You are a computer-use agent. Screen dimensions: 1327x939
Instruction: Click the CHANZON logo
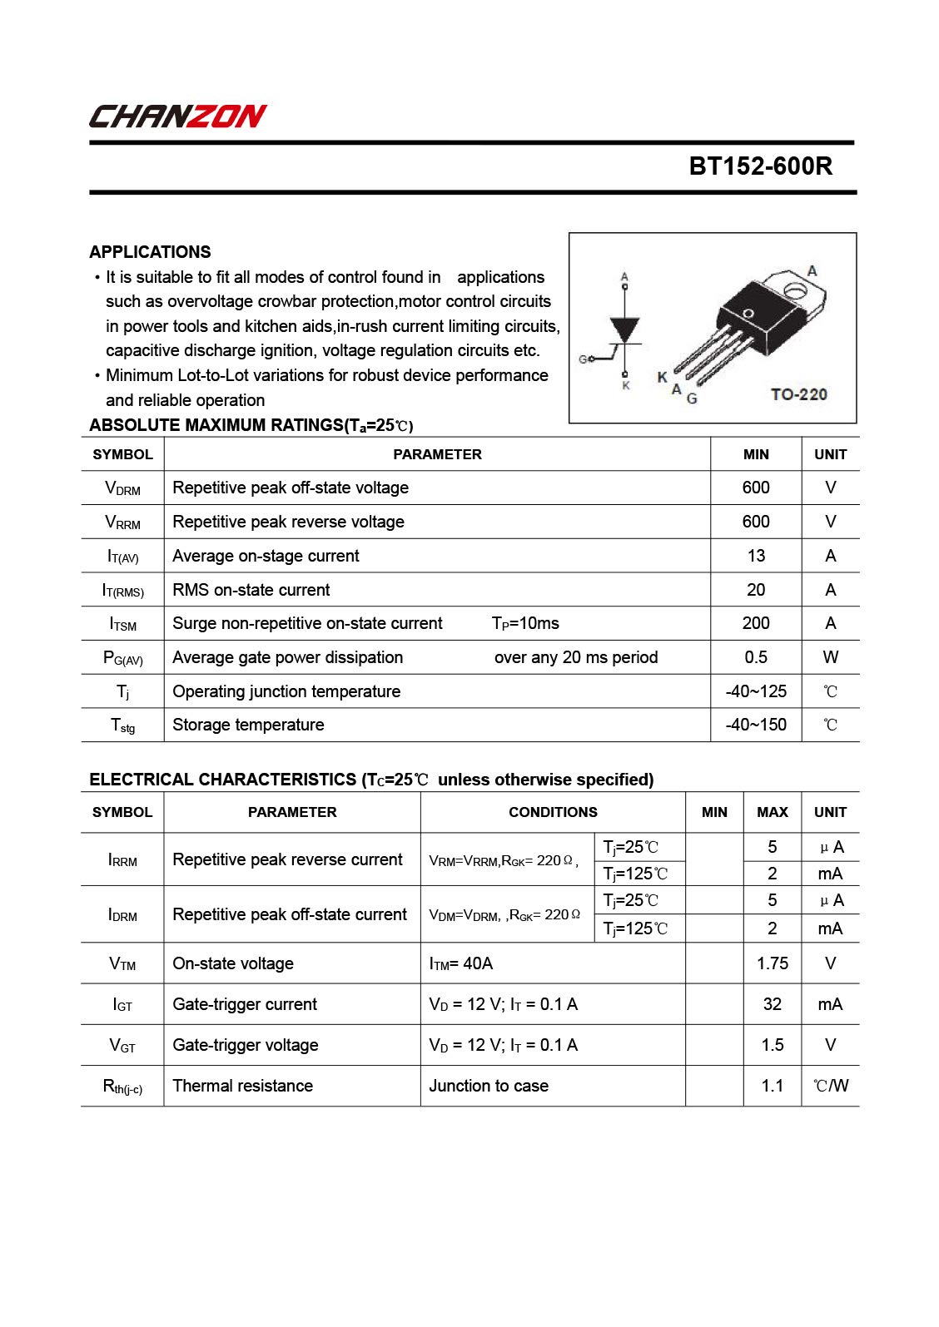click(x=177, y=116)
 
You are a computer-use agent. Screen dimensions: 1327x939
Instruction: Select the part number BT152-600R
click(x=760, y=166)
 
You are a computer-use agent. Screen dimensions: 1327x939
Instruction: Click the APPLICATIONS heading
click(x=150, y=252)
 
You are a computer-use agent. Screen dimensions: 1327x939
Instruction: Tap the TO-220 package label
click(x=798, y=394)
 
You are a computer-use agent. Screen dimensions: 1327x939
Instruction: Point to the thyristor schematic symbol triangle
click(x=625, y=329)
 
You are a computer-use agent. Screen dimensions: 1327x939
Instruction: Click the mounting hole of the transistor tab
click(x=794, y=290)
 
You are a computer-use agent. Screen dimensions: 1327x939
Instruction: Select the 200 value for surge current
click(x=756, y=623)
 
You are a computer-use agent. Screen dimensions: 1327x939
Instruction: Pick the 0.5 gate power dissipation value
click(x=756, y=657)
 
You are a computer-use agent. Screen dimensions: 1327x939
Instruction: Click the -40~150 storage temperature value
click(x=756, y=725)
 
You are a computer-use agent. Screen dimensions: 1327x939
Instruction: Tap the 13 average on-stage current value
click(x=756, y=556)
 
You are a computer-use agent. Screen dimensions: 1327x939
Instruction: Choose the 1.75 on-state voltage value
click(x=772, y=963)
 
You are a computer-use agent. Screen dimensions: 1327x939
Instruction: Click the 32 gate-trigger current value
click(x=772, y=1004)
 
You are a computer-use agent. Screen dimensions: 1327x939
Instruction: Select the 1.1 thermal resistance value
click(x=772, y=1086)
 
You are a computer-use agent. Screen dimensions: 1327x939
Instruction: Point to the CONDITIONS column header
click(x=553, y=812)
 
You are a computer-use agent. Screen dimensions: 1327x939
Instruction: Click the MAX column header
click(x=772, y=812)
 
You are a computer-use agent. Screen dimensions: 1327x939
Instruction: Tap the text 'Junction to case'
click(x=489, y=1086)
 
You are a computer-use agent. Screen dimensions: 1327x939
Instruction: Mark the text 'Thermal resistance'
click(x=242, y=1086)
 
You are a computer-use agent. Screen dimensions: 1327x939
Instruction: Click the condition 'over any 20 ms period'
click(x=576, y=657)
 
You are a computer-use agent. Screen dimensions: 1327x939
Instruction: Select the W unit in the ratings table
click(x=830, y=657)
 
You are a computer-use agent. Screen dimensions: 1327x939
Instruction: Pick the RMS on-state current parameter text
click(x=251, y=590)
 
